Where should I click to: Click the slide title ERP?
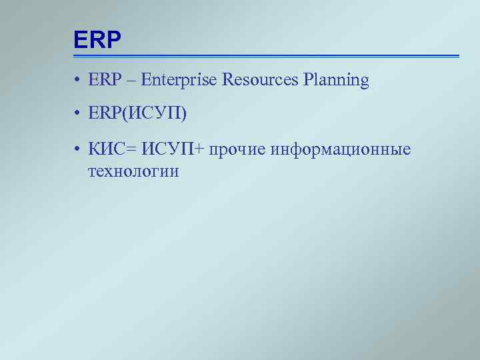[97, 41]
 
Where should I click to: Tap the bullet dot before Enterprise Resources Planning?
[78, 81]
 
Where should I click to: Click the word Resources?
[259, 81]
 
